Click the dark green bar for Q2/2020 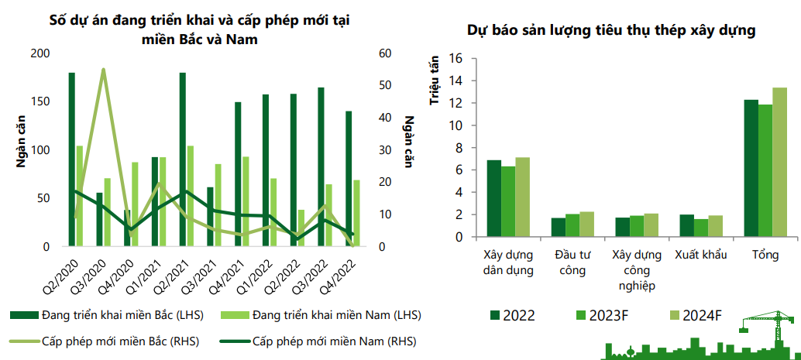tap(71, 159)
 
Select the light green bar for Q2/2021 tap(191, 197)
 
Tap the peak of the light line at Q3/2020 tap(103, 70)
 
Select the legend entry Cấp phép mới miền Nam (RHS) tap(318, 341)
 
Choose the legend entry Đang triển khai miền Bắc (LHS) tap(108, 315)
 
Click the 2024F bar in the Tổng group tap(779, 163)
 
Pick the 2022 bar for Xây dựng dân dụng tap(493, 199)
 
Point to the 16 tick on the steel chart tap(455, 59)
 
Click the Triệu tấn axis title tap(435, 79)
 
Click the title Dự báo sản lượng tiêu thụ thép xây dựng tap(611, 31)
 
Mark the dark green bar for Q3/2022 tap(321, 167)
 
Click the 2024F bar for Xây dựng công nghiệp tap(651, 225)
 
